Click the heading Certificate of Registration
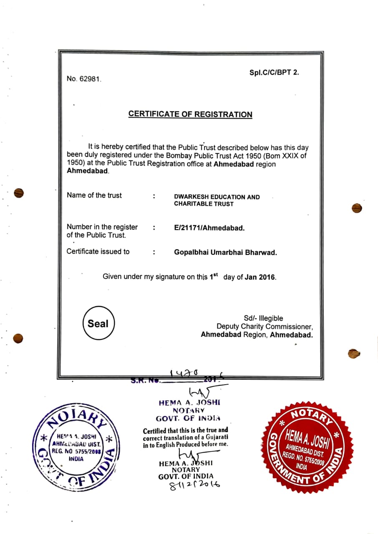pyautogui.click(x=190, y=114)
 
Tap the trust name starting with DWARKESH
pyautogui.click(x=217, y=200)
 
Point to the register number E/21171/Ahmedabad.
pyautogui.click(x=209, y=228)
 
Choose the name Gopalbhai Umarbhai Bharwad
pyautogui.click(x=225, y=252)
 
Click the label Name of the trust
pyautogui.click(x=94, y=195)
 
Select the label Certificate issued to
pyautogui.click(x=98, y=252)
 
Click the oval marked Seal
pyautogui.click(x=98, y=324)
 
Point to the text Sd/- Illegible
pyautogui.click(x=263, y=318)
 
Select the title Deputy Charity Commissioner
pyautogui.click(x=264, y=326)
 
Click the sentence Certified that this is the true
pyautogui.click(x=185, y=430)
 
